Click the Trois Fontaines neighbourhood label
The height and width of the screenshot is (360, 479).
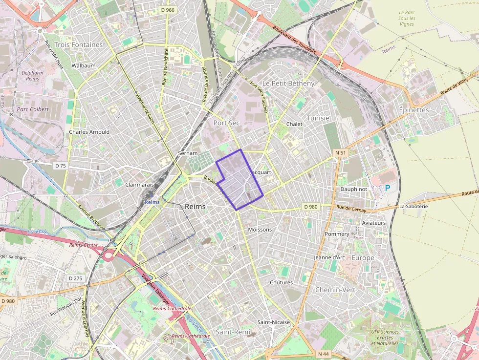79,44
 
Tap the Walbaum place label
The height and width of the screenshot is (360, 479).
84,65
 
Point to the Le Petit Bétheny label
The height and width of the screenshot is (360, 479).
288,84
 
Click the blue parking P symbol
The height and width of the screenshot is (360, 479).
388,188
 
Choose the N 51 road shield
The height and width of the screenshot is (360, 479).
340,153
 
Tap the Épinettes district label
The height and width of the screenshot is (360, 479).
414,110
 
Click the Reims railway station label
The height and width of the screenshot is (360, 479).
152,202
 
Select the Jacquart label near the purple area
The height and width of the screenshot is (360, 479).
261,172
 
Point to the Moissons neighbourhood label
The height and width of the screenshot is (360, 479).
260,230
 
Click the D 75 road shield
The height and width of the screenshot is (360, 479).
61,166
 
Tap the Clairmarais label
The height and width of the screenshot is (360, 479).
139,185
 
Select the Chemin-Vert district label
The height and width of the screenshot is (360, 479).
335,290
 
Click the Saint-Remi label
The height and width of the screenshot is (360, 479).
233,332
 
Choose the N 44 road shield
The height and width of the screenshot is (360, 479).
323,354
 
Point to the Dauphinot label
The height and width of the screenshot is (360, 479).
353,189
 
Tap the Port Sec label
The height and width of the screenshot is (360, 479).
226,123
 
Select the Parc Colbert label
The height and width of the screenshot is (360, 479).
33,109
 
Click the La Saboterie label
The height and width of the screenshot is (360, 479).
414,207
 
